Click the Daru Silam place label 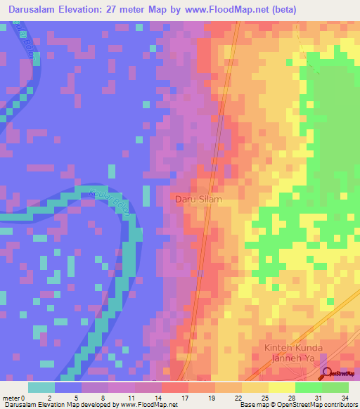198,200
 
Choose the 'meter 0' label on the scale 15,397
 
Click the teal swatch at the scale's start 41,387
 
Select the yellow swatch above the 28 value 282,387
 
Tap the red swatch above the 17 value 175,387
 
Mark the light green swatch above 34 335,387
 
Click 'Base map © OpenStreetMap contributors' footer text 297,405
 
